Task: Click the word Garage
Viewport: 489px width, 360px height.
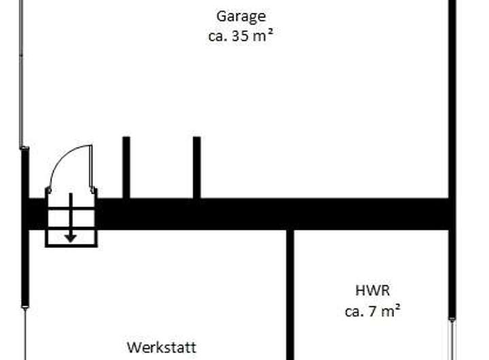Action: point(240,16)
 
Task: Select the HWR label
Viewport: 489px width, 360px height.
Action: point(372,291)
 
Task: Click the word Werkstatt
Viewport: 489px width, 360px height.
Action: point(162,348)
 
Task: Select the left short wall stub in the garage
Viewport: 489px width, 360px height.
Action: point(126,167)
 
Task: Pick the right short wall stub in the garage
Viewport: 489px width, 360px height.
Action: point(196,167)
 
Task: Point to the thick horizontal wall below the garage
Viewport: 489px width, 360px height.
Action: point(272,213)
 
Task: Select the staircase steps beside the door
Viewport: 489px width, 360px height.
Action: point(71,217)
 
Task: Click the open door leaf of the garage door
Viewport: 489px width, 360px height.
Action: point(92,167)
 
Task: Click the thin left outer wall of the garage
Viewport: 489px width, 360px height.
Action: point(22,75)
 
